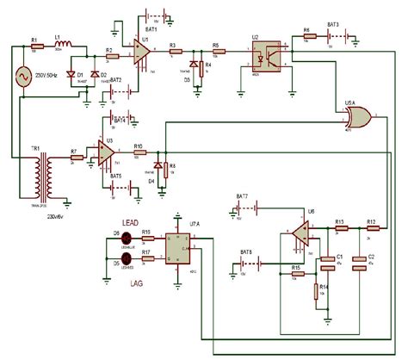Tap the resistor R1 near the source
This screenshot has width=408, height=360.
coord(35,47)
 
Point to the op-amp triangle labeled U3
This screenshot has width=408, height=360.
coord(106,154)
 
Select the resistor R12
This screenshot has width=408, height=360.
coord(371,227)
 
